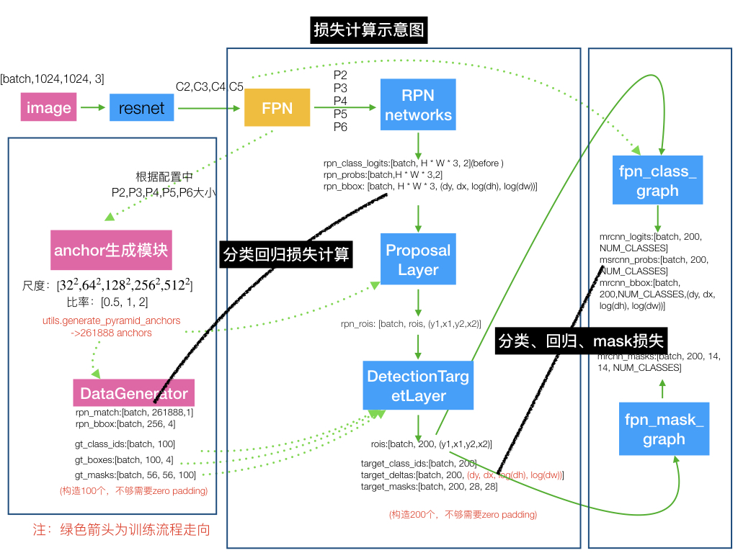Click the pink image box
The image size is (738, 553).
[x=49, y=108]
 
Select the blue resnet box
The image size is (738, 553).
[x=141, y=108]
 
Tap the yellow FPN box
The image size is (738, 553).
[x=277, y=107]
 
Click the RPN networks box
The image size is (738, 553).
[x=418, y=104]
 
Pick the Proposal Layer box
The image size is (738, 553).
[x=418, y=260]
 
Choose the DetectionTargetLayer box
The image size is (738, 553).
[x=418, y=385]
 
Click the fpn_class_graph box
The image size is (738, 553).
[x=658, y=180]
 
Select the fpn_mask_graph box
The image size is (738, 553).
[x=663, y=429]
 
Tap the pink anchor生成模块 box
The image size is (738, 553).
[x=110, y=250]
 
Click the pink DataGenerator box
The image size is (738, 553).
[x=134, y=393]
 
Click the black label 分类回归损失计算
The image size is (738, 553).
[x=286, y=254]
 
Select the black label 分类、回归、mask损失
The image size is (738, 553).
[x=581, y=340]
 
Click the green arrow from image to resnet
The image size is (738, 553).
[x=92, y=108]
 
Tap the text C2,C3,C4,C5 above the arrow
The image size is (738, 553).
[x=210, y=87]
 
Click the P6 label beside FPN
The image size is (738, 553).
[x=340, y=127]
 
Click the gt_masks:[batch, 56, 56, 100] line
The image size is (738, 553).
[x=135, y=475]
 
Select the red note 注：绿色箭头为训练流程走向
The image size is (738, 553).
[x=122, y=530]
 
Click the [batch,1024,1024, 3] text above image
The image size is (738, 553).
[x=57, y=78]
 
